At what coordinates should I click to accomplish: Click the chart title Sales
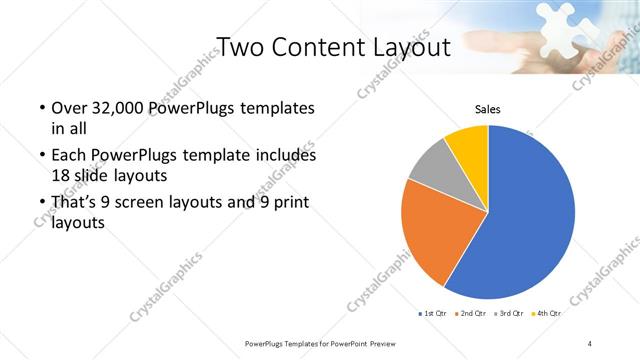point(487,110)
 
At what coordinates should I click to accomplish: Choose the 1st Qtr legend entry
point(432,314)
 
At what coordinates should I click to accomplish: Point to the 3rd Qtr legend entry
point(509,314)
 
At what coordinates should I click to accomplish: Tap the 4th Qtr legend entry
point(547,314)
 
